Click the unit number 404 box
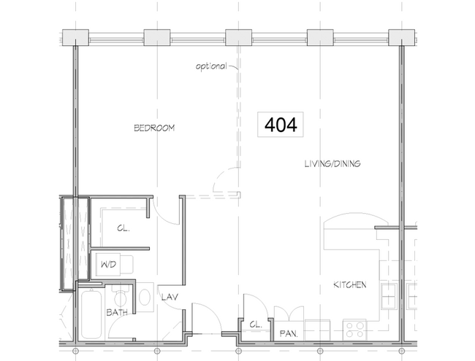coord(280,125)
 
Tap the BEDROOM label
coord(154,128)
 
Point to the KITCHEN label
coord(350,284)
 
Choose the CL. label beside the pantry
coord(255,324)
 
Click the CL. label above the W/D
coord(123,228)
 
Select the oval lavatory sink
coord(144,297)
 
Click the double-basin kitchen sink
coord(388,297)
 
